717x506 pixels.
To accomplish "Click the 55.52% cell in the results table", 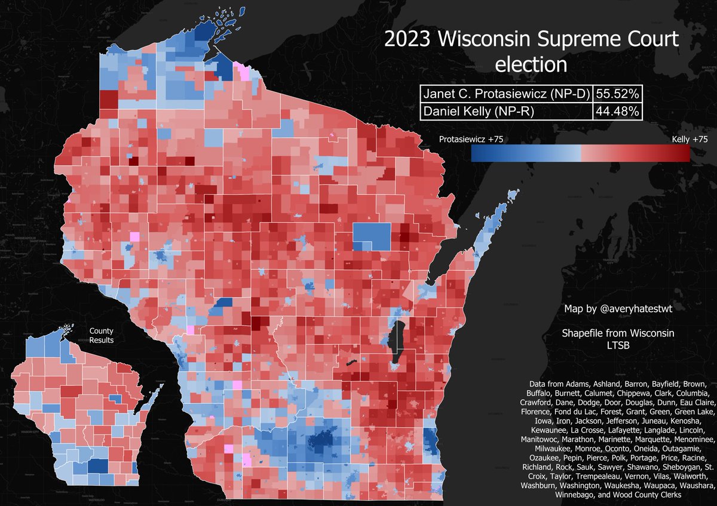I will tap(618, 94).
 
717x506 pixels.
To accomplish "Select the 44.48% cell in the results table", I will tap(618, 111).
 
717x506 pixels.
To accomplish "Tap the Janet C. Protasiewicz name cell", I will tap(507, 94).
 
